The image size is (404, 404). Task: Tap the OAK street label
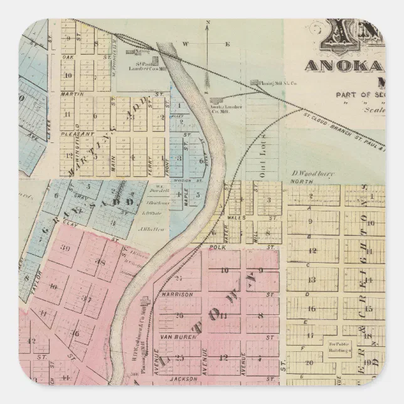coord(68,57)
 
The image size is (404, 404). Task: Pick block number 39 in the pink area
coord(65,247)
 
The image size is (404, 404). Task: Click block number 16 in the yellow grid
coord(310,309)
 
